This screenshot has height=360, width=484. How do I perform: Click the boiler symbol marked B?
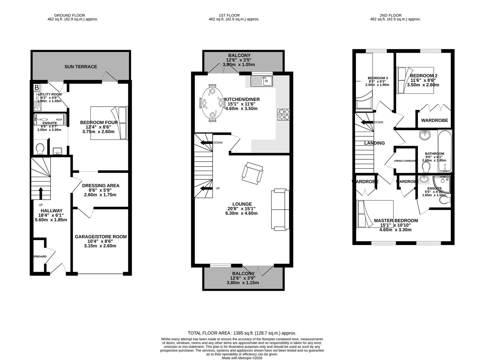37,88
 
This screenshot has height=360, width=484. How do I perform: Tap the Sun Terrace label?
81,67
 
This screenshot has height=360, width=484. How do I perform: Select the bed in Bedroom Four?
109,123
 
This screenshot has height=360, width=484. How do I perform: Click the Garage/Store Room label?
101,237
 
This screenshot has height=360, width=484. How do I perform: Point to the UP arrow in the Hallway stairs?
41,193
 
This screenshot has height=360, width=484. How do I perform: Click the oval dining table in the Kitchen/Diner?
212,103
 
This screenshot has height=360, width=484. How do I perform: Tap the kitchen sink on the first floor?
262,80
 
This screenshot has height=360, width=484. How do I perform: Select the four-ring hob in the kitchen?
283,114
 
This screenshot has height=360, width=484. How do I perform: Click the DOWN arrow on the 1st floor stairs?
206,143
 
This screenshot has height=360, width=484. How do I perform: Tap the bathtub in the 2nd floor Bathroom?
444,151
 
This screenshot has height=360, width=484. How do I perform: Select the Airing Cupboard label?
405,161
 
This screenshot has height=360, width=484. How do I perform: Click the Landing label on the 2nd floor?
374,143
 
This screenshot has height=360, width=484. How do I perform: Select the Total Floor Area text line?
242,333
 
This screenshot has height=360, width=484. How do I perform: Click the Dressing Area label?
101,186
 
